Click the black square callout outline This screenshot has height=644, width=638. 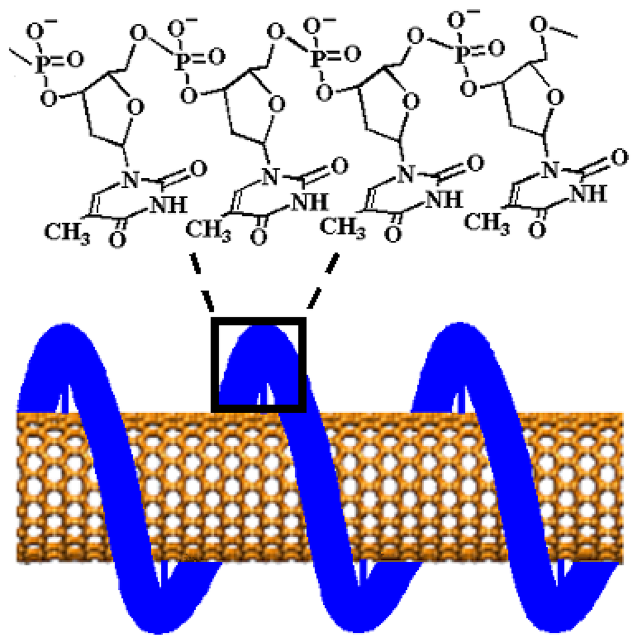point(214,364)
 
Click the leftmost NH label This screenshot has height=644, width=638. point(169,204)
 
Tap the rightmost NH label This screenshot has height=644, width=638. point(589,194)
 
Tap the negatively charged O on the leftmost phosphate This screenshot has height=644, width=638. point(46,31)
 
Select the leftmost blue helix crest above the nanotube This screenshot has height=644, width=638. point(60,339)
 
